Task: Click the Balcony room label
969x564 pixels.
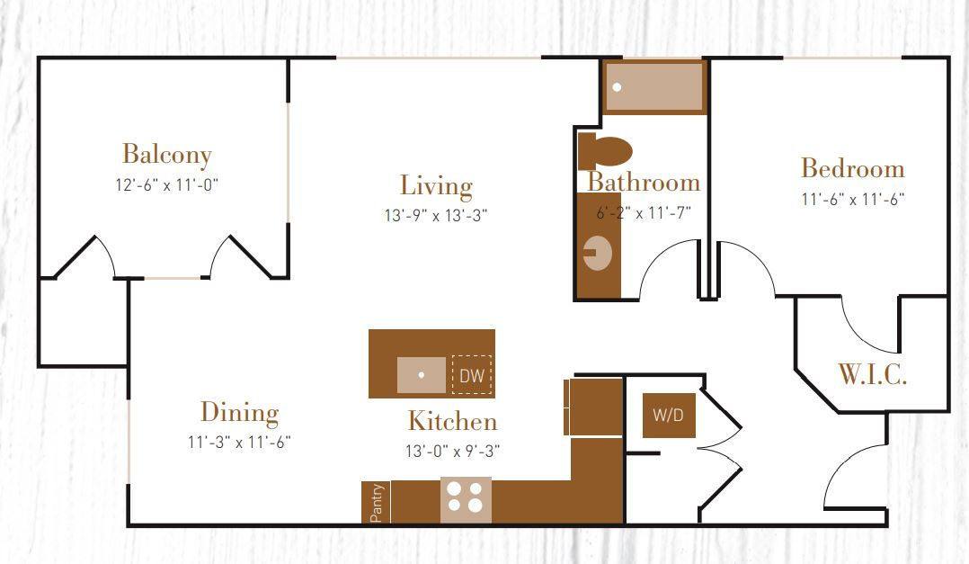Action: point(167,154)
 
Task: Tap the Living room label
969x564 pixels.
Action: point(436,185)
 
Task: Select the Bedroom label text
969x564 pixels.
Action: point(852,168)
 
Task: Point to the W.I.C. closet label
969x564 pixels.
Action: point(872,375)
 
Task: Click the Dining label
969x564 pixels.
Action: point(239,413)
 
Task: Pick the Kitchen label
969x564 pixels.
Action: point(452,421)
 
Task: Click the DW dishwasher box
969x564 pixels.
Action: point(472,376)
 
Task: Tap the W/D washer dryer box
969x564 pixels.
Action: point(668,416)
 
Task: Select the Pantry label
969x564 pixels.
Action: point(377,503)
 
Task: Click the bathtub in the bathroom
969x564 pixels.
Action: point(654,87)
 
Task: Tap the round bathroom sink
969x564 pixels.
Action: point(598,253)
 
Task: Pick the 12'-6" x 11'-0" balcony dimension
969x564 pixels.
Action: point(167,185)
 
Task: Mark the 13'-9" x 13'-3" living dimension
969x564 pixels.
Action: point(435,216)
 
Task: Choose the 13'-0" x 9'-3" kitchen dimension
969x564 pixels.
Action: point(452,451)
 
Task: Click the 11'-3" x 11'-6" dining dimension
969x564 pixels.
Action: point(239,442)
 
